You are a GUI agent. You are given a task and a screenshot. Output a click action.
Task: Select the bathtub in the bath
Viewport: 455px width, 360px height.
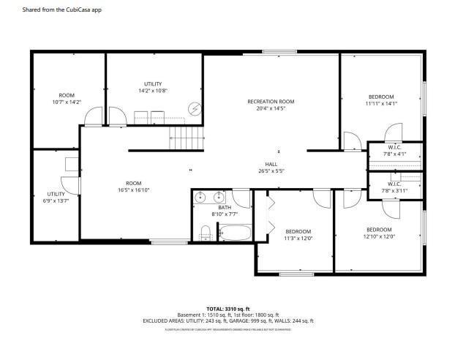point(234,233)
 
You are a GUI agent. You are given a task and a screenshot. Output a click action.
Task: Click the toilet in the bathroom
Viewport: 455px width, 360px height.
point(206,233)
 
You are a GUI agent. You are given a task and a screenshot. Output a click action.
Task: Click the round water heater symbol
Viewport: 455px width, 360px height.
point(195,109)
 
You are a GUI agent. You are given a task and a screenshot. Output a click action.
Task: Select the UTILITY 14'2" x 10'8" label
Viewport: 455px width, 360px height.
point(153,87)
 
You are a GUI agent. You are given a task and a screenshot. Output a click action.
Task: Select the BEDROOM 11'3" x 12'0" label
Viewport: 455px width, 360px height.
point(298,235)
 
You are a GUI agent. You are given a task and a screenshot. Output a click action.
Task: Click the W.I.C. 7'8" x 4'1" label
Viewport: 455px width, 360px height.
point(394,151)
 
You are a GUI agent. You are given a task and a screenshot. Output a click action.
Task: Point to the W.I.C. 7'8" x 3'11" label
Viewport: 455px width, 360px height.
point(394,187)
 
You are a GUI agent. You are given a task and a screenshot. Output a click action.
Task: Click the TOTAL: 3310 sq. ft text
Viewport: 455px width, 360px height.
point(227,309)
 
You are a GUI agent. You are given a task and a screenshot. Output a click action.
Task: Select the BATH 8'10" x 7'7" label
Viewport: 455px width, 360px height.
point(224,211)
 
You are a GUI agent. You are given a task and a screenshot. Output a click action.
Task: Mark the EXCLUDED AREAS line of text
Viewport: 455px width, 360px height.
point(227,321)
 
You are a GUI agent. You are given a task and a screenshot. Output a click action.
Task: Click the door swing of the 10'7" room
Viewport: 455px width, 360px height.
point(93,116)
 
